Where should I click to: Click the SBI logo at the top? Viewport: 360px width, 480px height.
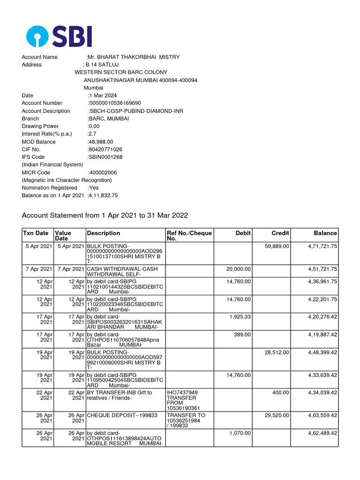[59, 36]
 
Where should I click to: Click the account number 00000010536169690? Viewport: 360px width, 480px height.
[114, 103]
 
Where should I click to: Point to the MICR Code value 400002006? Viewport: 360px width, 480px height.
[103, 172]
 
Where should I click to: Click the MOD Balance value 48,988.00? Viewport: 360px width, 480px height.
[101, 142]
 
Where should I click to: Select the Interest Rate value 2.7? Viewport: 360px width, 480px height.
[92, 134]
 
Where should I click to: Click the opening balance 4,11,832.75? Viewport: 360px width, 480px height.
[103, 195]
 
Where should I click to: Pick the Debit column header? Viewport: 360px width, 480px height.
[243, 233]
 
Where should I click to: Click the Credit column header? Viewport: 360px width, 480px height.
[280, 233]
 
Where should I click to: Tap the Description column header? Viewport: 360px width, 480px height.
[103, 233]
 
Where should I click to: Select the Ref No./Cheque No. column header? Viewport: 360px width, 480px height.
[189, 236]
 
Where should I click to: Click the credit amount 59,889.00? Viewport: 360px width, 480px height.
[277, 246]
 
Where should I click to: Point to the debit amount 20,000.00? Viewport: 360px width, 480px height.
[239, 269]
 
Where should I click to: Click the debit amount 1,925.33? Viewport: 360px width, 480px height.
[240, 317]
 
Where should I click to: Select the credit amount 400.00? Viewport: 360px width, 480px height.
[281, 393]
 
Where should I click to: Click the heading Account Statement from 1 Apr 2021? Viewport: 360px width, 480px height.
[105, 216]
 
